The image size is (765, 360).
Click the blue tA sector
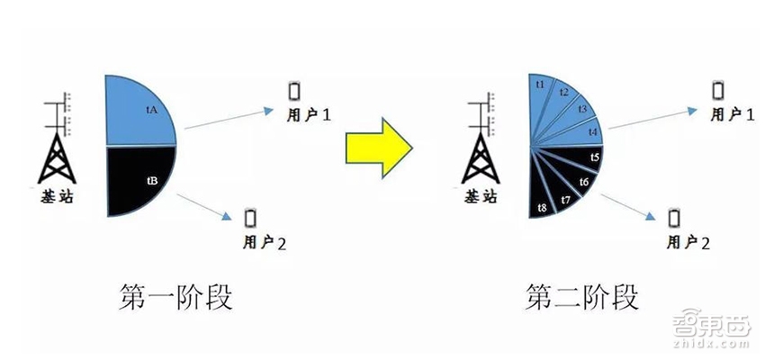click(137, 113)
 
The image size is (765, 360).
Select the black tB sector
click(137, 178)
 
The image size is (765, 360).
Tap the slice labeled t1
click(538, 97)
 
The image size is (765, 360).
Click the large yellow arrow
click(379, 148)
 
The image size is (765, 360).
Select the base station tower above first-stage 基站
click(57, 138)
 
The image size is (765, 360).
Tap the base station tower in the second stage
click(481, 138)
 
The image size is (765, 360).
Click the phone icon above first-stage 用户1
click(294, 91)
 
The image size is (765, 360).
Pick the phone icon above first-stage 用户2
click(250, 218)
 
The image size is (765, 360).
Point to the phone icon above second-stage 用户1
click(717, 90)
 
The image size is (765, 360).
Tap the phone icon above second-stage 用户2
click(674, 218)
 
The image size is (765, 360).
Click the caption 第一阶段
click(175, 297)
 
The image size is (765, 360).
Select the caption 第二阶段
click(581, 297)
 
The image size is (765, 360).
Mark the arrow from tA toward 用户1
click(229, 119)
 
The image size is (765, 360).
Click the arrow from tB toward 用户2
click(204, 207)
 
